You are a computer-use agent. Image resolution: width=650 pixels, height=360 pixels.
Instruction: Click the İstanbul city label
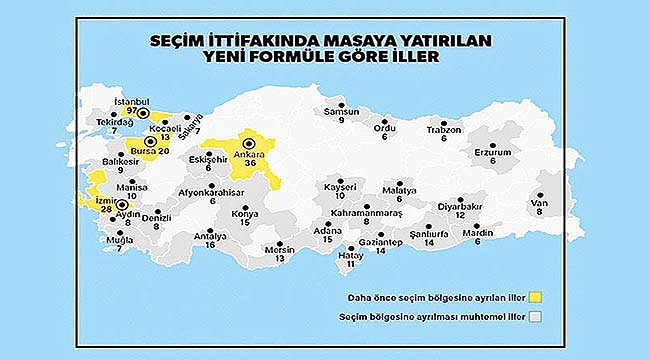tap(130, 102)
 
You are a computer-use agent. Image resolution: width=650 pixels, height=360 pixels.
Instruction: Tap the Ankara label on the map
tap(246, 155)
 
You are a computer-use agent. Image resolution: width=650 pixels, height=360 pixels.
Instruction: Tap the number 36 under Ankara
tap(246, 166)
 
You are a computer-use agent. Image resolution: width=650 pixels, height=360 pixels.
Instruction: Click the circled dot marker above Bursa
tap(150, 142)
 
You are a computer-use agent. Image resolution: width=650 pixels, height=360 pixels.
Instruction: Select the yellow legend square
tap(537, 296)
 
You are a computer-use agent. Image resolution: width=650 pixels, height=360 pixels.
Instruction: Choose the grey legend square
tap(537, 318)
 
